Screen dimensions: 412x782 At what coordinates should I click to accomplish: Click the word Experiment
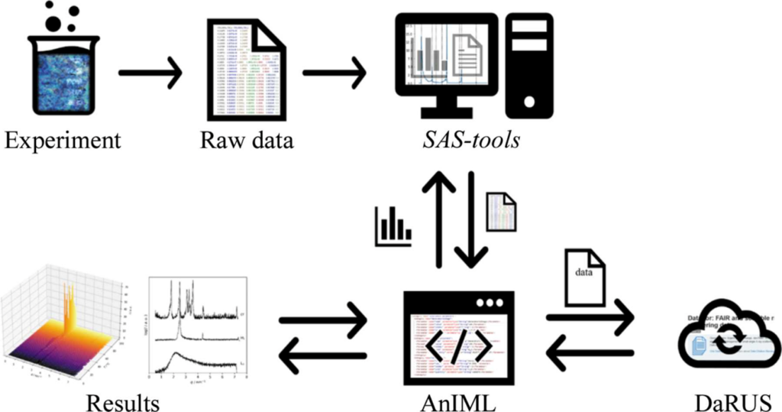click(62, 141)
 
